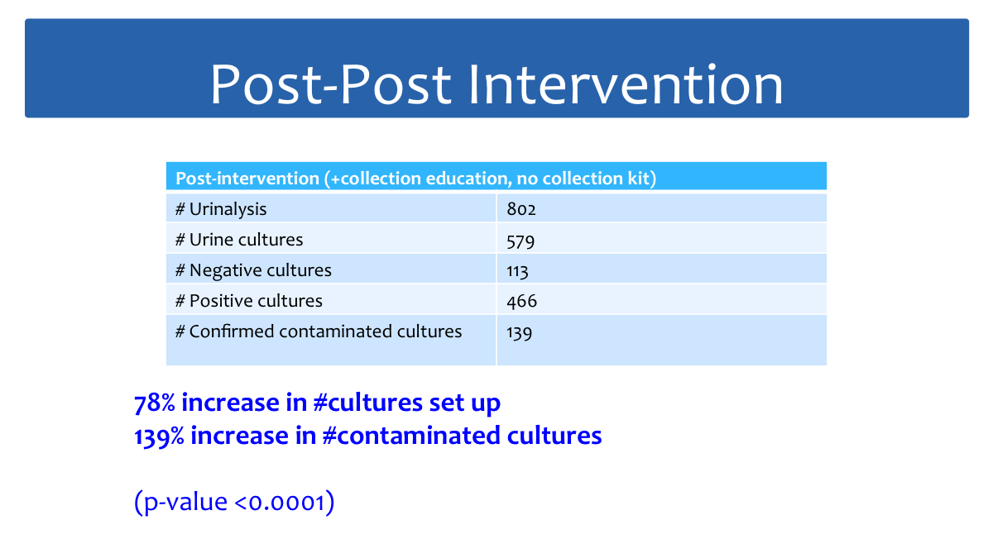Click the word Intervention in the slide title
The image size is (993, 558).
(x=626, y=84)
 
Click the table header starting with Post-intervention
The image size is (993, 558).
(x=415, y=179)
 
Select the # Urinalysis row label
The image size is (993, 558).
(x=221, y=209)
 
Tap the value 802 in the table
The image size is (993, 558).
(x=521, y=209)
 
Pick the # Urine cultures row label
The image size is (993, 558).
(x=239, y=240)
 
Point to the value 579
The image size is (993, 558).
(x=520, y=241)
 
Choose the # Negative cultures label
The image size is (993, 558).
(x=253, y=270)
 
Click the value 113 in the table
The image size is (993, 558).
(x=517, y=271)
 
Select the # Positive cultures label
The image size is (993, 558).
(x=249, y=301)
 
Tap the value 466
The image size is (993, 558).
(x=522, y=301)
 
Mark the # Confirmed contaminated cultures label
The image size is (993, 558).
(x=319, y=331)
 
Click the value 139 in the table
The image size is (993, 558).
(x=520, y=333)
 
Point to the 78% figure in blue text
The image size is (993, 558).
(x=154, y=403)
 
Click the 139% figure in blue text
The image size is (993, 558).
(x=159, y=436)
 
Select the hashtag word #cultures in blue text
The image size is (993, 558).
(x=368, y=403)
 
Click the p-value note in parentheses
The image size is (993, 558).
(x=234, y=503)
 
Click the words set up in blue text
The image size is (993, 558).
(x=464, y=403)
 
